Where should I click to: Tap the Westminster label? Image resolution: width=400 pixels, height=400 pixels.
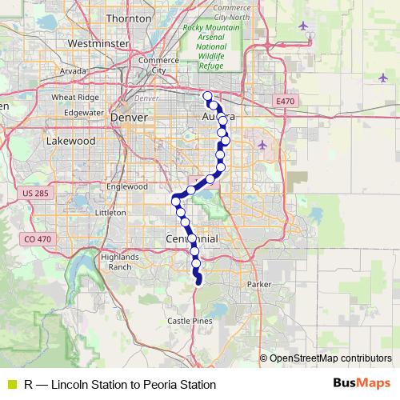pos(99,43)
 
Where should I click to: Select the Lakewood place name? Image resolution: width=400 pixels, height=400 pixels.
pos(70,141)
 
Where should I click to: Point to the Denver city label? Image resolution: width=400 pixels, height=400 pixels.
pos(130,117)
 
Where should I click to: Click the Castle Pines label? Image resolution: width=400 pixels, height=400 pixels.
pos(190,320)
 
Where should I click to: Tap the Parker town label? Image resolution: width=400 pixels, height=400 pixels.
pos(260,285)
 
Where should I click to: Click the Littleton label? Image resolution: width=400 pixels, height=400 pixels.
pos(110,213)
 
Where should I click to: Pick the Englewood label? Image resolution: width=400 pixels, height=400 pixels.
pos(128,186)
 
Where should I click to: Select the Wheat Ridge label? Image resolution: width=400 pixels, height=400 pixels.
pos(74,98)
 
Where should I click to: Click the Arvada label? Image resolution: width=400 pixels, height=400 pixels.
pos(72,71)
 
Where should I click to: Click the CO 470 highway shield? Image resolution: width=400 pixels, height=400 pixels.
pos(38,238)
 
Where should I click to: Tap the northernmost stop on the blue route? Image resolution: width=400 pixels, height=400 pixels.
pos(208,97)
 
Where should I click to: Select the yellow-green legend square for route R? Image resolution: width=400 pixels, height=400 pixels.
pos(12,385)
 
